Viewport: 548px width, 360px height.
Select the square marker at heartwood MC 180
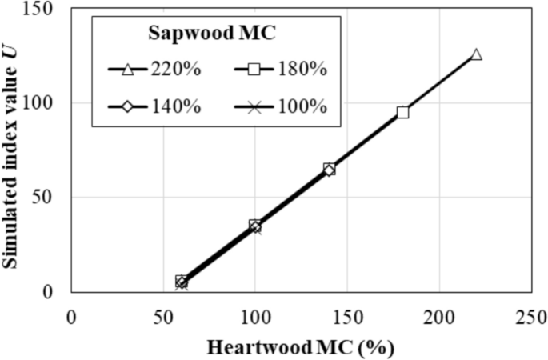pyautogui.click(x=402, y=112)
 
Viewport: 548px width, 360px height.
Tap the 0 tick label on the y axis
pyautogui.click(x=55, y=292)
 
